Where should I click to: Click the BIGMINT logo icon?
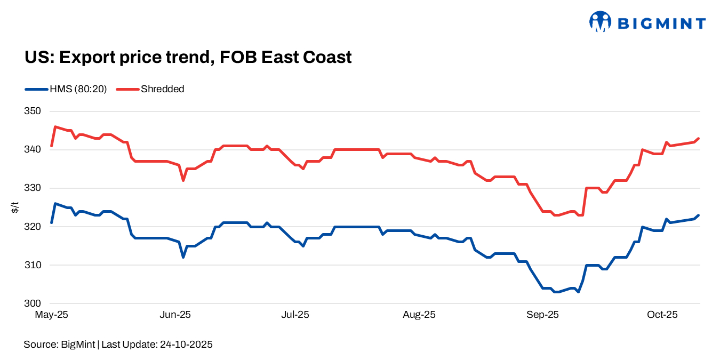pyautogui.click(x=600, y=22)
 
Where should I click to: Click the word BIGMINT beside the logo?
pyautogui.click(x=661, y=23)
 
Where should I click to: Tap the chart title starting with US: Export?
pyautogui.click(x=188, y=57)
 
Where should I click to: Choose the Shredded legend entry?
pyautogui.click(x=162, y=89)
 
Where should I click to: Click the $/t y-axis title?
pyautogui.click(x=14, y=207)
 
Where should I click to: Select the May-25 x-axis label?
pyautogui.click(x=51, y=315)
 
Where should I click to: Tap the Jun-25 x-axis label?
pyautogui.click(x=175, y=315)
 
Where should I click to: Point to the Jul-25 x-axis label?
pyautogui.click(x=294, y=315)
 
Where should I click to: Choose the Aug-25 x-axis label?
pyautogui.click(x=419, y=315)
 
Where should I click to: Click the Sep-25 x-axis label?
pyautogui.click(x=542, y=315)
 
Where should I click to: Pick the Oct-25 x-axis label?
pyautogui.click(x=662, y=315)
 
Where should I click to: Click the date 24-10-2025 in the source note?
pyautogui.click(x=186, y=345)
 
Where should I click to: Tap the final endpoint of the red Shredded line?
pyautogui.click(x=699, y=139)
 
